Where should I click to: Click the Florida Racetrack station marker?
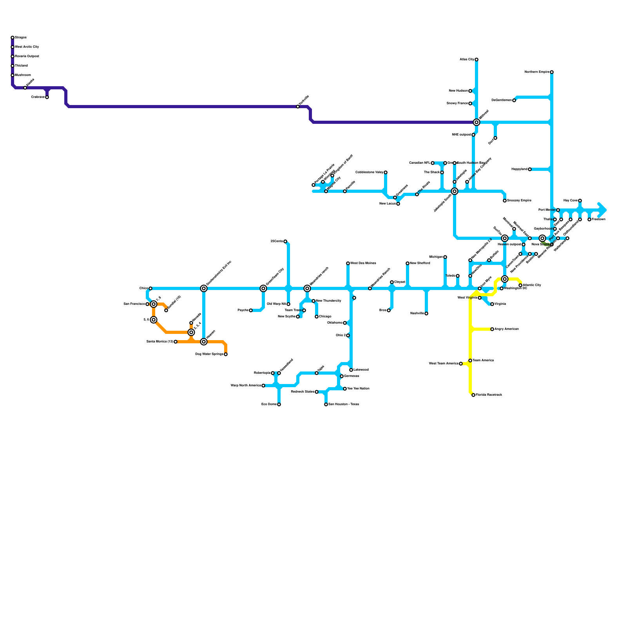coord(473,395)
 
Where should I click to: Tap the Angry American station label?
coord(507,329)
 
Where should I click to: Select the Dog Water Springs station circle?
coord(226,354)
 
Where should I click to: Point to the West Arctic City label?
coord(27,47)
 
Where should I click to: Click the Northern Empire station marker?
coord(552,72)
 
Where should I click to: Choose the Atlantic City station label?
coord(532,285)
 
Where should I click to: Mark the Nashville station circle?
coord(426,313)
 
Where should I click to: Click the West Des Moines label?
coord(363,263)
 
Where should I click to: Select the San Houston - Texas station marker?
coord(326,404)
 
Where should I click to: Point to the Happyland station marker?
coord(530,169)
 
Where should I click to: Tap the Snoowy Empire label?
coord(519,201)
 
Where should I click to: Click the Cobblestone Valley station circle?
coord(386,172)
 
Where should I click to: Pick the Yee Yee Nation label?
coord(358,389)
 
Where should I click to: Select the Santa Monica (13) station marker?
coord(176,342)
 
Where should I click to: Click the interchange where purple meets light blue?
coord(477,122)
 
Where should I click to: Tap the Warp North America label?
coord(246,386)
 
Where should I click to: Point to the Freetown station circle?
coord(589,219)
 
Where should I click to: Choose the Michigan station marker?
coord(445,257)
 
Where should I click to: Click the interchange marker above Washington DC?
coord(505,279)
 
